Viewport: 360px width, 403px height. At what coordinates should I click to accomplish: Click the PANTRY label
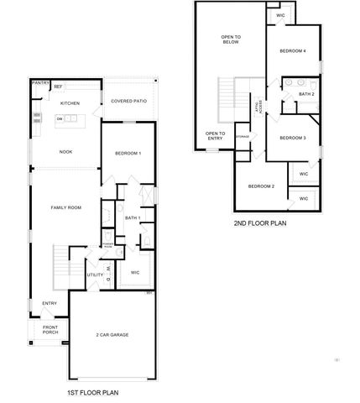pyautogui.click(x=39, y=84)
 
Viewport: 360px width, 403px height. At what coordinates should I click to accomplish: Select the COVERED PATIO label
pyautogui.click(x=128, y=102)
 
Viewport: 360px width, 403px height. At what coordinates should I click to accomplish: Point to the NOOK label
pyautogui.click(x=65, y=153)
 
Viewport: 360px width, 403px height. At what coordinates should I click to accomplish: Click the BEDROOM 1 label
pyautogui.click(x=128, y=153)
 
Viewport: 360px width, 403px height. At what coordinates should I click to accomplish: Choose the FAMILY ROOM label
pyautogui.click(x=65, y=207)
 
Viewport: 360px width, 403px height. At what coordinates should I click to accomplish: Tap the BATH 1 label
pyautogui.click(x=132, y=219)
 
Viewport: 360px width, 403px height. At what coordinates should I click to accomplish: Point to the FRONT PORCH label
pyautogui.click(x=50, y=330)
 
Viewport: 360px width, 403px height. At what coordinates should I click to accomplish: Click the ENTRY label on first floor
pyautogui.click(x=50, y=303)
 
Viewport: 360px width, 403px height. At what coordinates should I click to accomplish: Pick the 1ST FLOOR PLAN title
pyautogui.click(x=92, y=392)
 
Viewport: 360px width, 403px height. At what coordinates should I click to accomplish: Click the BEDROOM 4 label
pyautogui.click(x=293, y=51)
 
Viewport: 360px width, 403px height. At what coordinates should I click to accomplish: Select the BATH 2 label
pyautogui.click(x=307, y=95)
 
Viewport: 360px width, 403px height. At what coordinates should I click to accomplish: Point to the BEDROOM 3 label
pyautogui.click(x=292, y=138)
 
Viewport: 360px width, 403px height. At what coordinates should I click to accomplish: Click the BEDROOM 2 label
pyautogui.click(x=261, y=186)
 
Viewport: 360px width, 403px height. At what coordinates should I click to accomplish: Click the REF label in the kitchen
pyautogui.click(x=58, y=86)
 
